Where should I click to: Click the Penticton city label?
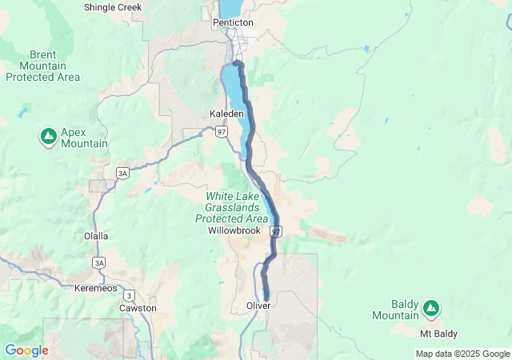pyautogui.click(x=233, y=22)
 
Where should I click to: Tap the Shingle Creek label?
pyautogui.click(x=113, y=7)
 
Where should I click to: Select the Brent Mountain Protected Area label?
pyautogui.click(x=42, y=65)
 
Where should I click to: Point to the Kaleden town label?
pyautogui.click(x=226, y=114)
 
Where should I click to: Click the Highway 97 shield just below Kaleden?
pyautogui.click(x=221, y=131)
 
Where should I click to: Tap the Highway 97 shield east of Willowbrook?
pyautogui.click(x=276, y=231)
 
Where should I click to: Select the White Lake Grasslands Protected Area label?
pyautogui.click(x=232, y=207)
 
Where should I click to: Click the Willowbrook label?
pyautogui.click(x=234, y=230)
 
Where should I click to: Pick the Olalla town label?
pyautogui.click(x=96, y=236)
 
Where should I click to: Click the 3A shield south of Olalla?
pyautogui.click(x=99, y=262)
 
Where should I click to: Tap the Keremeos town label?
pyautogui.click(x=95, y=287)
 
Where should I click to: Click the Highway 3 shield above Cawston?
pyautogui.click(x=130, y=295)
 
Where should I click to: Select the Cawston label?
pyautogui.click(x=138, y=308)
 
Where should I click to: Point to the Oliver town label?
pyautogui.click(x=258, y=306)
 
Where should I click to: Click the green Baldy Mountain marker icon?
pyautogui.click(x=431, y=306)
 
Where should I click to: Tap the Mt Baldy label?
pyautogui.click(x=439, y=333)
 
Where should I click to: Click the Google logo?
pyautogui.click(x=26, y=350)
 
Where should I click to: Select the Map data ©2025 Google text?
pyautogui.click(x=462, y=354)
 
